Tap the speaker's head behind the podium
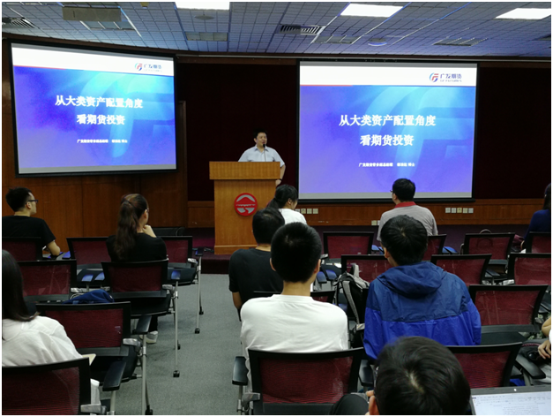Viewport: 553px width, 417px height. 261,139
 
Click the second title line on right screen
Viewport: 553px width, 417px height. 385,140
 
